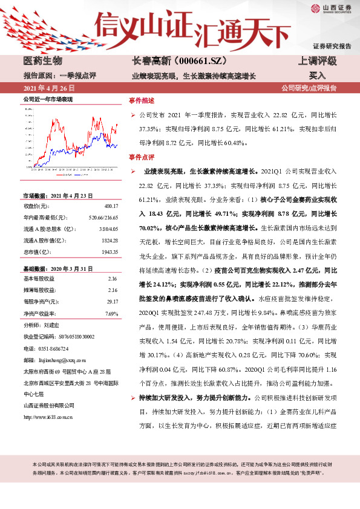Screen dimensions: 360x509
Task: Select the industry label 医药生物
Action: (x=42, y=61)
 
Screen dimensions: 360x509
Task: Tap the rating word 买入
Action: (x=317, y=76)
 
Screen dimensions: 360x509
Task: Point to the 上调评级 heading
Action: (x=317, y=61)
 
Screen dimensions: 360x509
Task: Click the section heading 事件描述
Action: (x=142, y=100)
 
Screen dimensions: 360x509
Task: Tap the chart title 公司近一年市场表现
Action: (x=48, y=98)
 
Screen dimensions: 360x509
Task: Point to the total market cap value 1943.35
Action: (x=109, y=251)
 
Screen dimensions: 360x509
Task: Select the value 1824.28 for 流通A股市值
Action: (x=109, y=240)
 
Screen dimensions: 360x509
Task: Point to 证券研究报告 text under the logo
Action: (x=332, y=46)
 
